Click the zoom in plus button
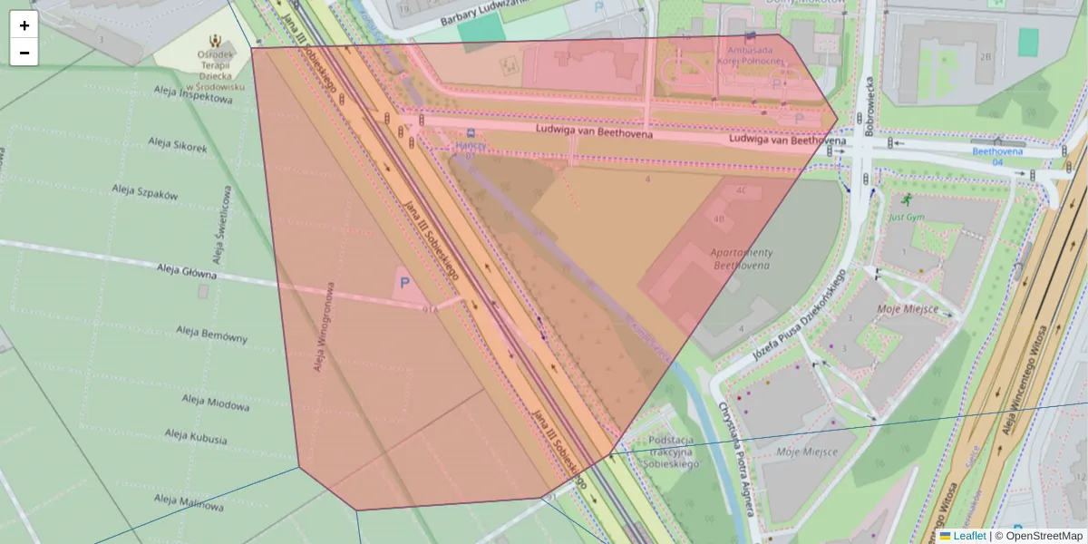24,25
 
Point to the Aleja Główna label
187,271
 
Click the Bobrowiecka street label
869,104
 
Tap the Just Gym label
906,217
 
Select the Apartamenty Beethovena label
741,258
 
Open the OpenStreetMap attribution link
1044,536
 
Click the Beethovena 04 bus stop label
996,156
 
